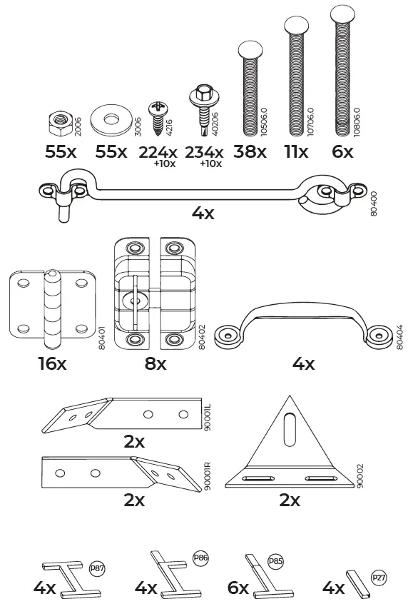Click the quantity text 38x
[x=250, y=152]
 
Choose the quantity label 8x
[x=155, y=364]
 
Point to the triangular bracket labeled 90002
[x=289, y=449]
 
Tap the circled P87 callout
[x=97, y=569]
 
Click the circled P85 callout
[x=275, y=561]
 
